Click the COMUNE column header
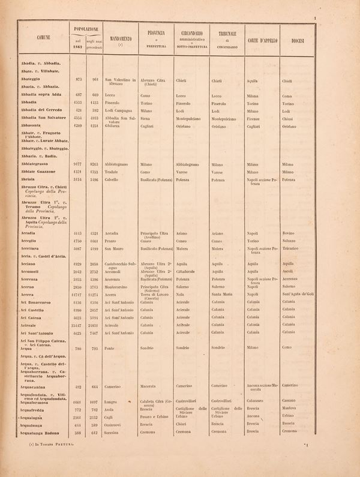43,37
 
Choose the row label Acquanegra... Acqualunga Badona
43,431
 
